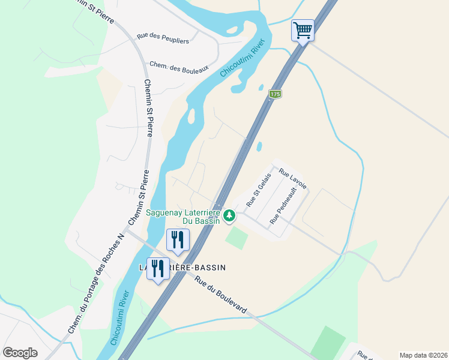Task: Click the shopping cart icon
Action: coord(303,30)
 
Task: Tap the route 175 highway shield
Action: coord(275,94)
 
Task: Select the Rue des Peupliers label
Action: coord(163,38)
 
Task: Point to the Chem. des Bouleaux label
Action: coord(178,67)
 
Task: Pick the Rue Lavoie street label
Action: coord(293,178)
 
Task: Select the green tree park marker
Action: coord(229,215)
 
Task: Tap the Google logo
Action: coord(20,352)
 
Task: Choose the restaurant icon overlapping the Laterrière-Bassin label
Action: coord(158,268)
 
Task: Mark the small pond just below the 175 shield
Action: coord(261,88)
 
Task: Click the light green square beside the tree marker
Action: coord(237,238)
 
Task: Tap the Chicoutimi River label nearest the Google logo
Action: coord(121,318)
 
